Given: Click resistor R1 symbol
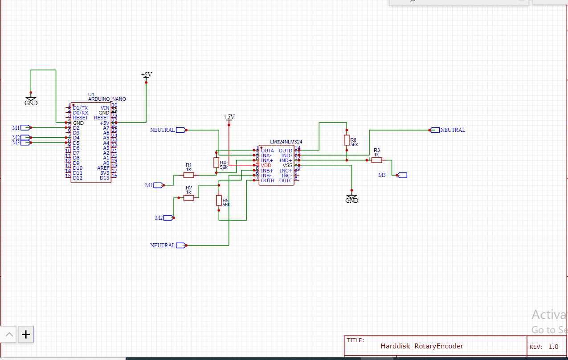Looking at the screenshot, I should click(188, 175).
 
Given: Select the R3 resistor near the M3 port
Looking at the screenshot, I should click(377, 160).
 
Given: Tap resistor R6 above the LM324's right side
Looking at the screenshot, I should click(347, 140).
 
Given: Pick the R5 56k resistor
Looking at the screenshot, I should click(219, 200).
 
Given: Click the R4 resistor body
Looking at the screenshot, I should click(217, 163).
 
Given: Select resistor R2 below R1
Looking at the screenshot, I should click(188, 197).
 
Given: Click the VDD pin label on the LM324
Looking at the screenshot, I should click(266, 165).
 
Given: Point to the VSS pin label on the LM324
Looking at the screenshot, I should click(287, 165).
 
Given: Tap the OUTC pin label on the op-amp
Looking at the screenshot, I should click(286, 180).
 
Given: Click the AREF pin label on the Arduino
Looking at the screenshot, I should click(103, 168).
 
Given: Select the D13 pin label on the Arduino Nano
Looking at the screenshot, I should click(105, 178).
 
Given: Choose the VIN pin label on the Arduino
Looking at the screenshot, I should click(105, 108).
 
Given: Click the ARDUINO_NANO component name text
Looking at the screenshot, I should click(107, 99).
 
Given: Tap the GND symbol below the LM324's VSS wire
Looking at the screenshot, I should click(351, 198).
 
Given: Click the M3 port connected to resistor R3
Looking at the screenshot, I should click(402, 175).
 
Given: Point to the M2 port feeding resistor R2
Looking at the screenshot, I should click(168, 217).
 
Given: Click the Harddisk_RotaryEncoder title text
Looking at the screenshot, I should click(421, 346).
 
